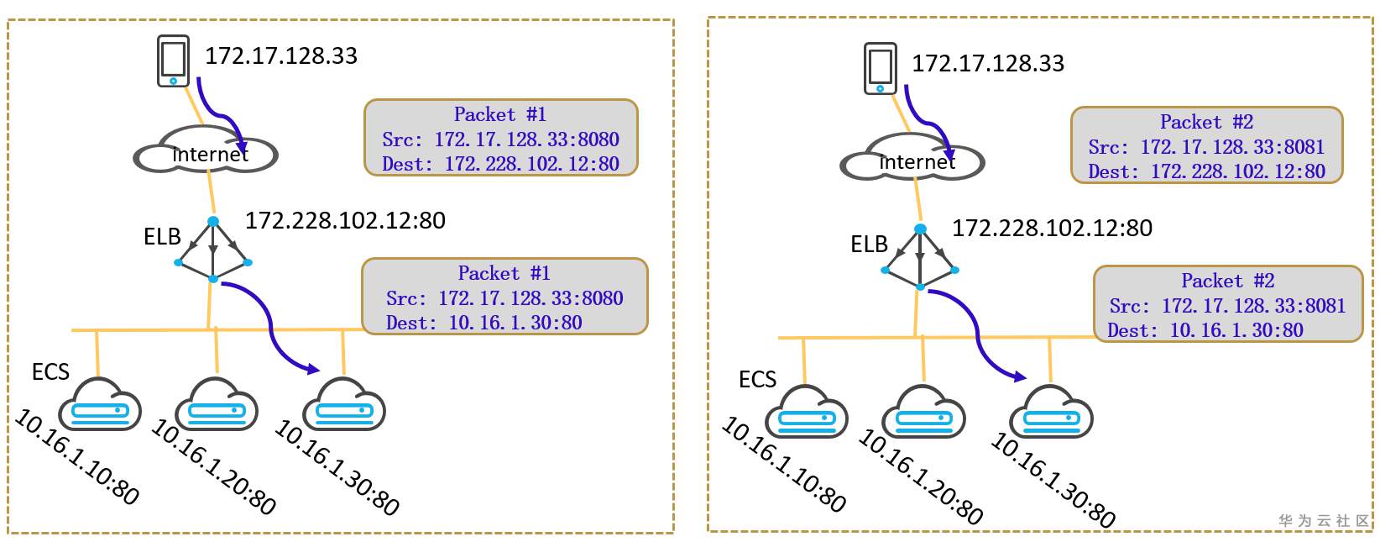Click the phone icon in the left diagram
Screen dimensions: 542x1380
tap(173, 61)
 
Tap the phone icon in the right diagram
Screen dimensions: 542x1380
tap(880, 68)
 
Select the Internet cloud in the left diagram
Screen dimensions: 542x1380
tap(206, 151)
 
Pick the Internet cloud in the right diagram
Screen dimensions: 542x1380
tap(912, 159)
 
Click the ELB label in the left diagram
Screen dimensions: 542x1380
tap(162, 237)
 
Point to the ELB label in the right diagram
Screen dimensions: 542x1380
tap(869, 245)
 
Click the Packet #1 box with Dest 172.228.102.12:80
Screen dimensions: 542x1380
tap(501, 139)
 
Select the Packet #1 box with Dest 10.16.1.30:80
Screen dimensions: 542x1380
tap(504, 297)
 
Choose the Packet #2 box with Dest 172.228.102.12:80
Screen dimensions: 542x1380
tap(1206, 145)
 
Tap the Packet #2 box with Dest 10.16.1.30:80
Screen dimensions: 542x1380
tap(1227, 304)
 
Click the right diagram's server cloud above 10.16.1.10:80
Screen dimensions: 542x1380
tap(806, 413)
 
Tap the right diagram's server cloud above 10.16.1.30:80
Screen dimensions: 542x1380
tap(1050, 413)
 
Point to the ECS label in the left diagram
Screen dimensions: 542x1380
tap(50, 372)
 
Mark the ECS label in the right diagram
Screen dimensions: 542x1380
tap(757, 380)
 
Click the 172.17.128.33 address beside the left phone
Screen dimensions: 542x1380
tap(281, 56)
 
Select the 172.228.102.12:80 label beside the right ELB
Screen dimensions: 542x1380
tap(1052, 229)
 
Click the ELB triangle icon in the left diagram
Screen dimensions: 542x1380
tap(213, 250)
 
